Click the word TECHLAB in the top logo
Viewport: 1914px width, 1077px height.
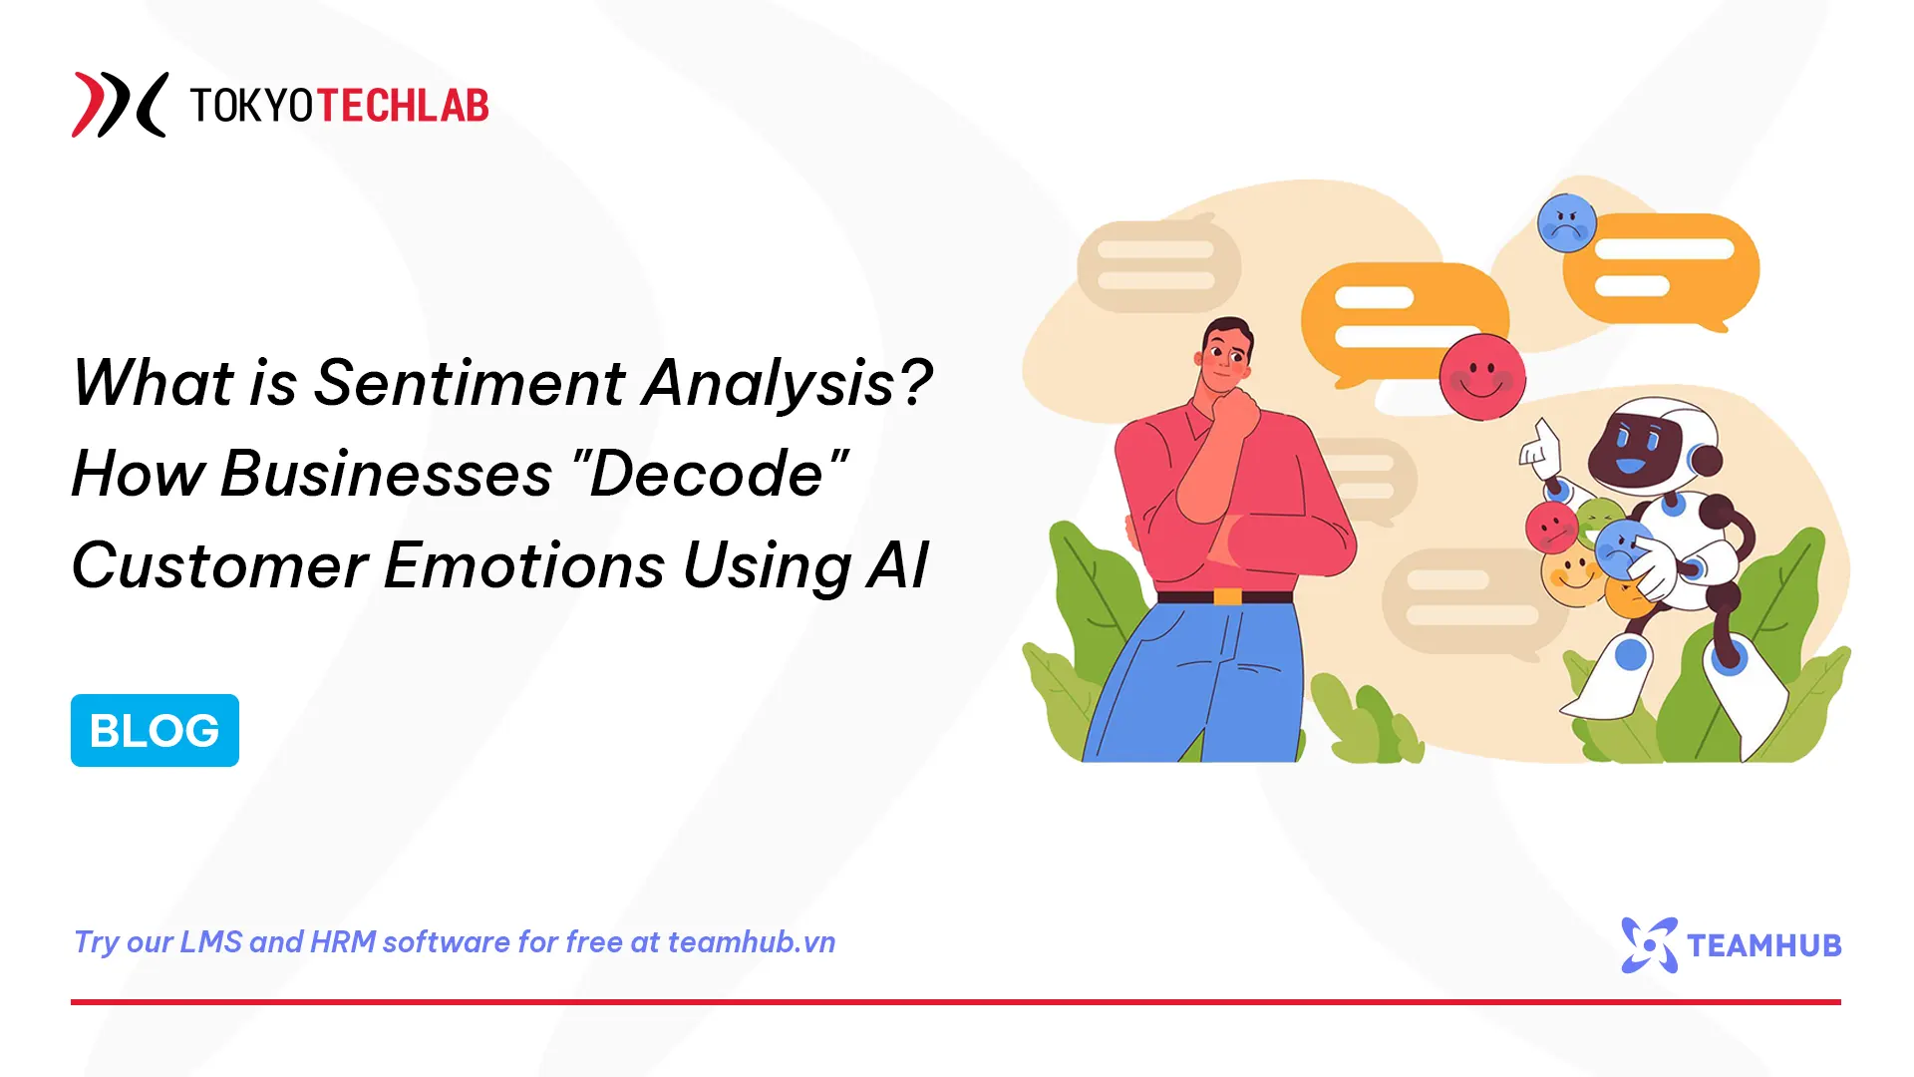403,106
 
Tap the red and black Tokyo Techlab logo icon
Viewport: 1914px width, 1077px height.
119,105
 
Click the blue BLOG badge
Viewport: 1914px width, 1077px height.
155,730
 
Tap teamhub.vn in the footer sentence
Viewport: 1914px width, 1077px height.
751,942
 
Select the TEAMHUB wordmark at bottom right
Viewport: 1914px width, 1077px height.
1763,945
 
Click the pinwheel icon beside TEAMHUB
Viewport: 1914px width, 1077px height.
1650,944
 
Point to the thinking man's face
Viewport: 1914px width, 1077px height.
1225,359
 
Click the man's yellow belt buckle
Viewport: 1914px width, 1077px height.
1227,596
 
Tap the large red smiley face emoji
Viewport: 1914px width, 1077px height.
1482,377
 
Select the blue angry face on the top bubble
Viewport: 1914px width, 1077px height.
1566,223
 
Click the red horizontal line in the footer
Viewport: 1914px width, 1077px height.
955,1001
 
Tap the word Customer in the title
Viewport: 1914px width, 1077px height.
219,565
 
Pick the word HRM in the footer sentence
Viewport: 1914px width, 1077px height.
343,942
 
